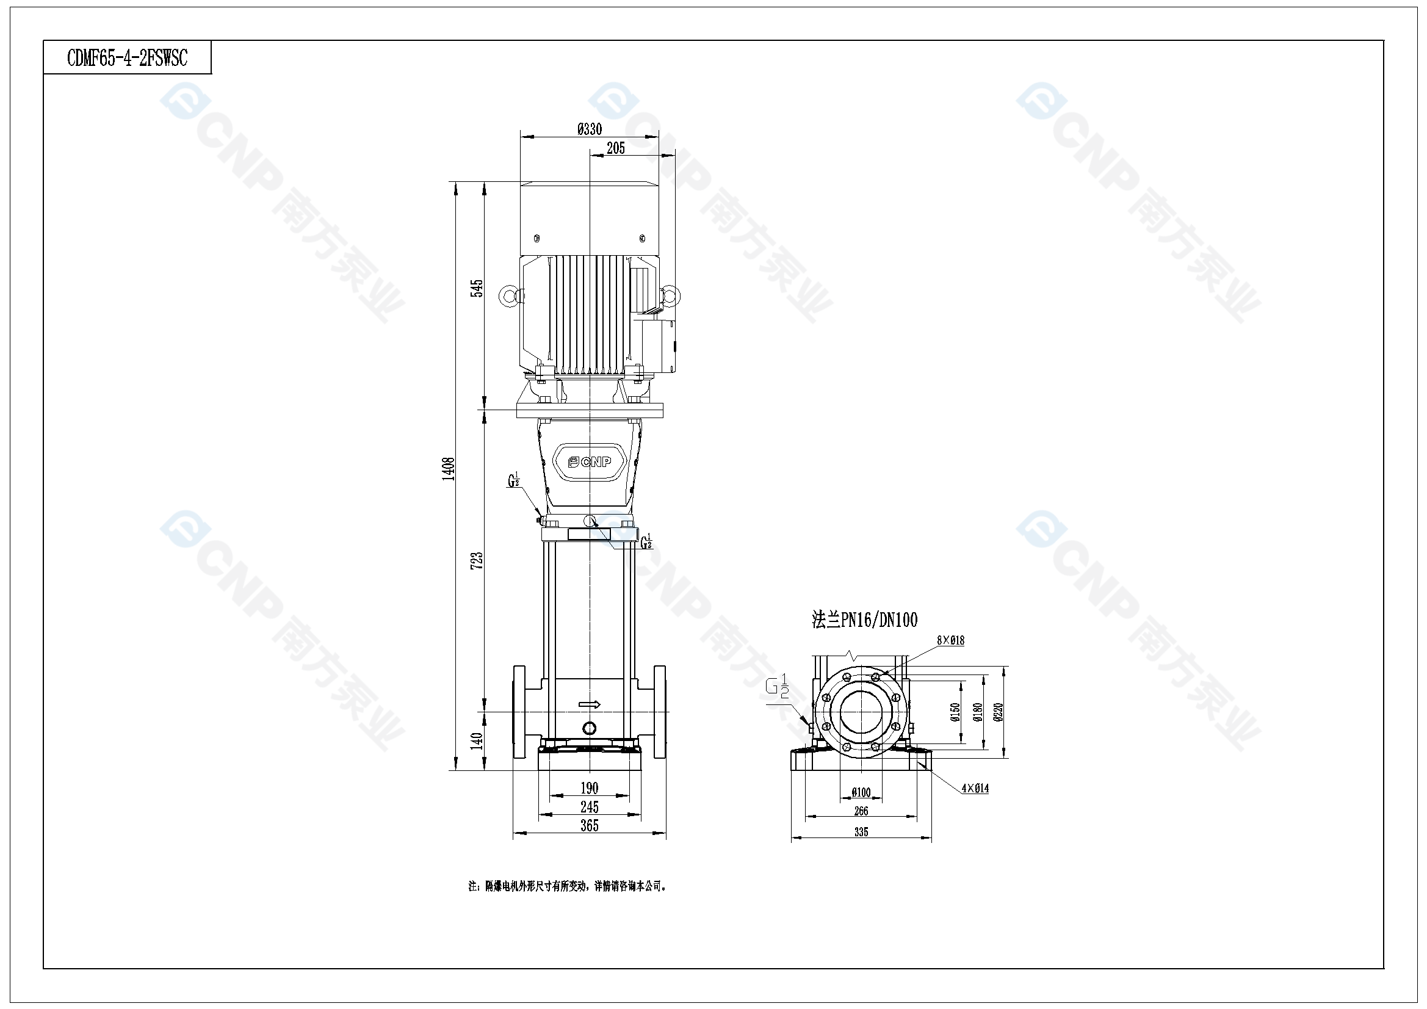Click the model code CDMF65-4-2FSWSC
point(127,58)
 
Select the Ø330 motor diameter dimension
point(589,129)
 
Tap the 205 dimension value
point(615,148)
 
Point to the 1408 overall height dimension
point(449,469)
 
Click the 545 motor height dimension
point(476,289)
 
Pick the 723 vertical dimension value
point(477,561)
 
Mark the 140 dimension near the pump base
point(477,740)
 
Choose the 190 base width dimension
point(589,788)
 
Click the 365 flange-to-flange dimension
point(589,826)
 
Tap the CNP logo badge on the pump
point(589,462)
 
